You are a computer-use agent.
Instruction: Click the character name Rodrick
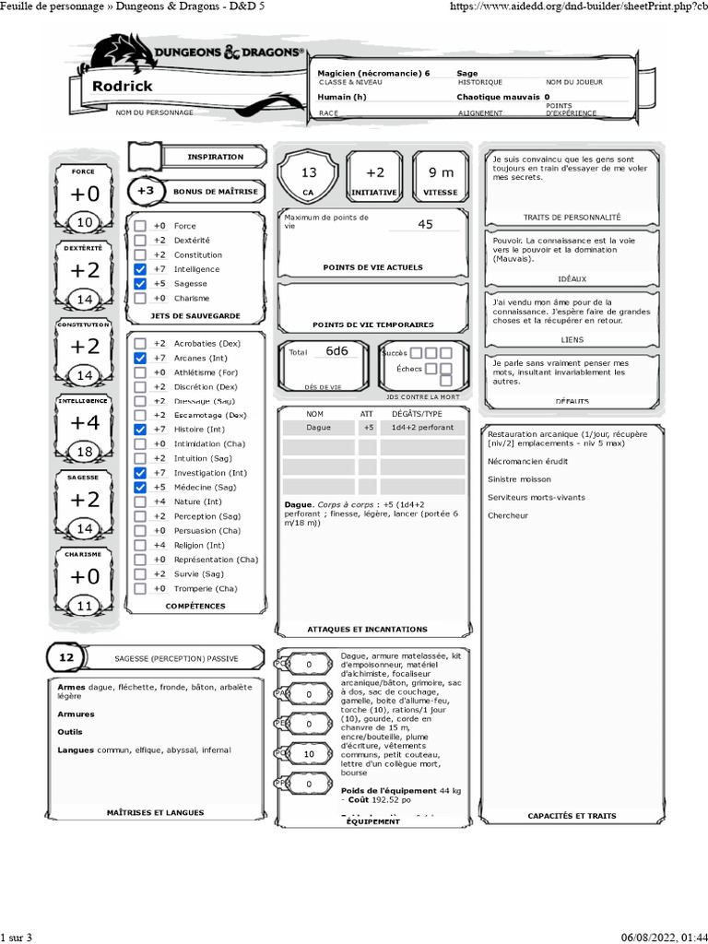pos(123,86)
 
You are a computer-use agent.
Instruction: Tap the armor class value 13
pos(309,172)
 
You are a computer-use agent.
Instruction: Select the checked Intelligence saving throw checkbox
pos(139,269)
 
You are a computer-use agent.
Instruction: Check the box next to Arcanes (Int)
pos(139,358)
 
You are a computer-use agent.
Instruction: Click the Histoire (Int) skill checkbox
pos(139,430)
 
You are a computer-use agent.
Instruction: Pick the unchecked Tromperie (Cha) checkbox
pos(139,588)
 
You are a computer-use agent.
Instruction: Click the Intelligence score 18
pos(84,452)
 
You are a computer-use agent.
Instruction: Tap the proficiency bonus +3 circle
pos(145,191)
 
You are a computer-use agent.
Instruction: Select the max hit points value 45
pos(425,224)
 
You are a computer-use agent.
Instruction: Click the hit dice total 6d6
pos(337,351)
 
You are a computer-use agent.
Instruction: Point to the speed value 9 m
pos(442,172)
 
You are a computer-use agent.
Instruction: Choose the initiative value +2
pos(375,172)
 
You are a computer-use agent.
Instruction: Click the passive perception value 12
pos(65,657)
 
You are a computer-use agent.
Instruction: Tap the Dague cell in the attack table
pos(318,428)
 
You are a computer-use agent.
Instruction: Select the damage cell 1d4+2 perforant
pos(417,428)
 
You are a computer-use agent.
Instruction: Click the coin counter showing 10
pos(309,754)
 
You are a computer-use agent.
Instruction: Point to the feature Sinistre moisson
pos(519,479)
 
